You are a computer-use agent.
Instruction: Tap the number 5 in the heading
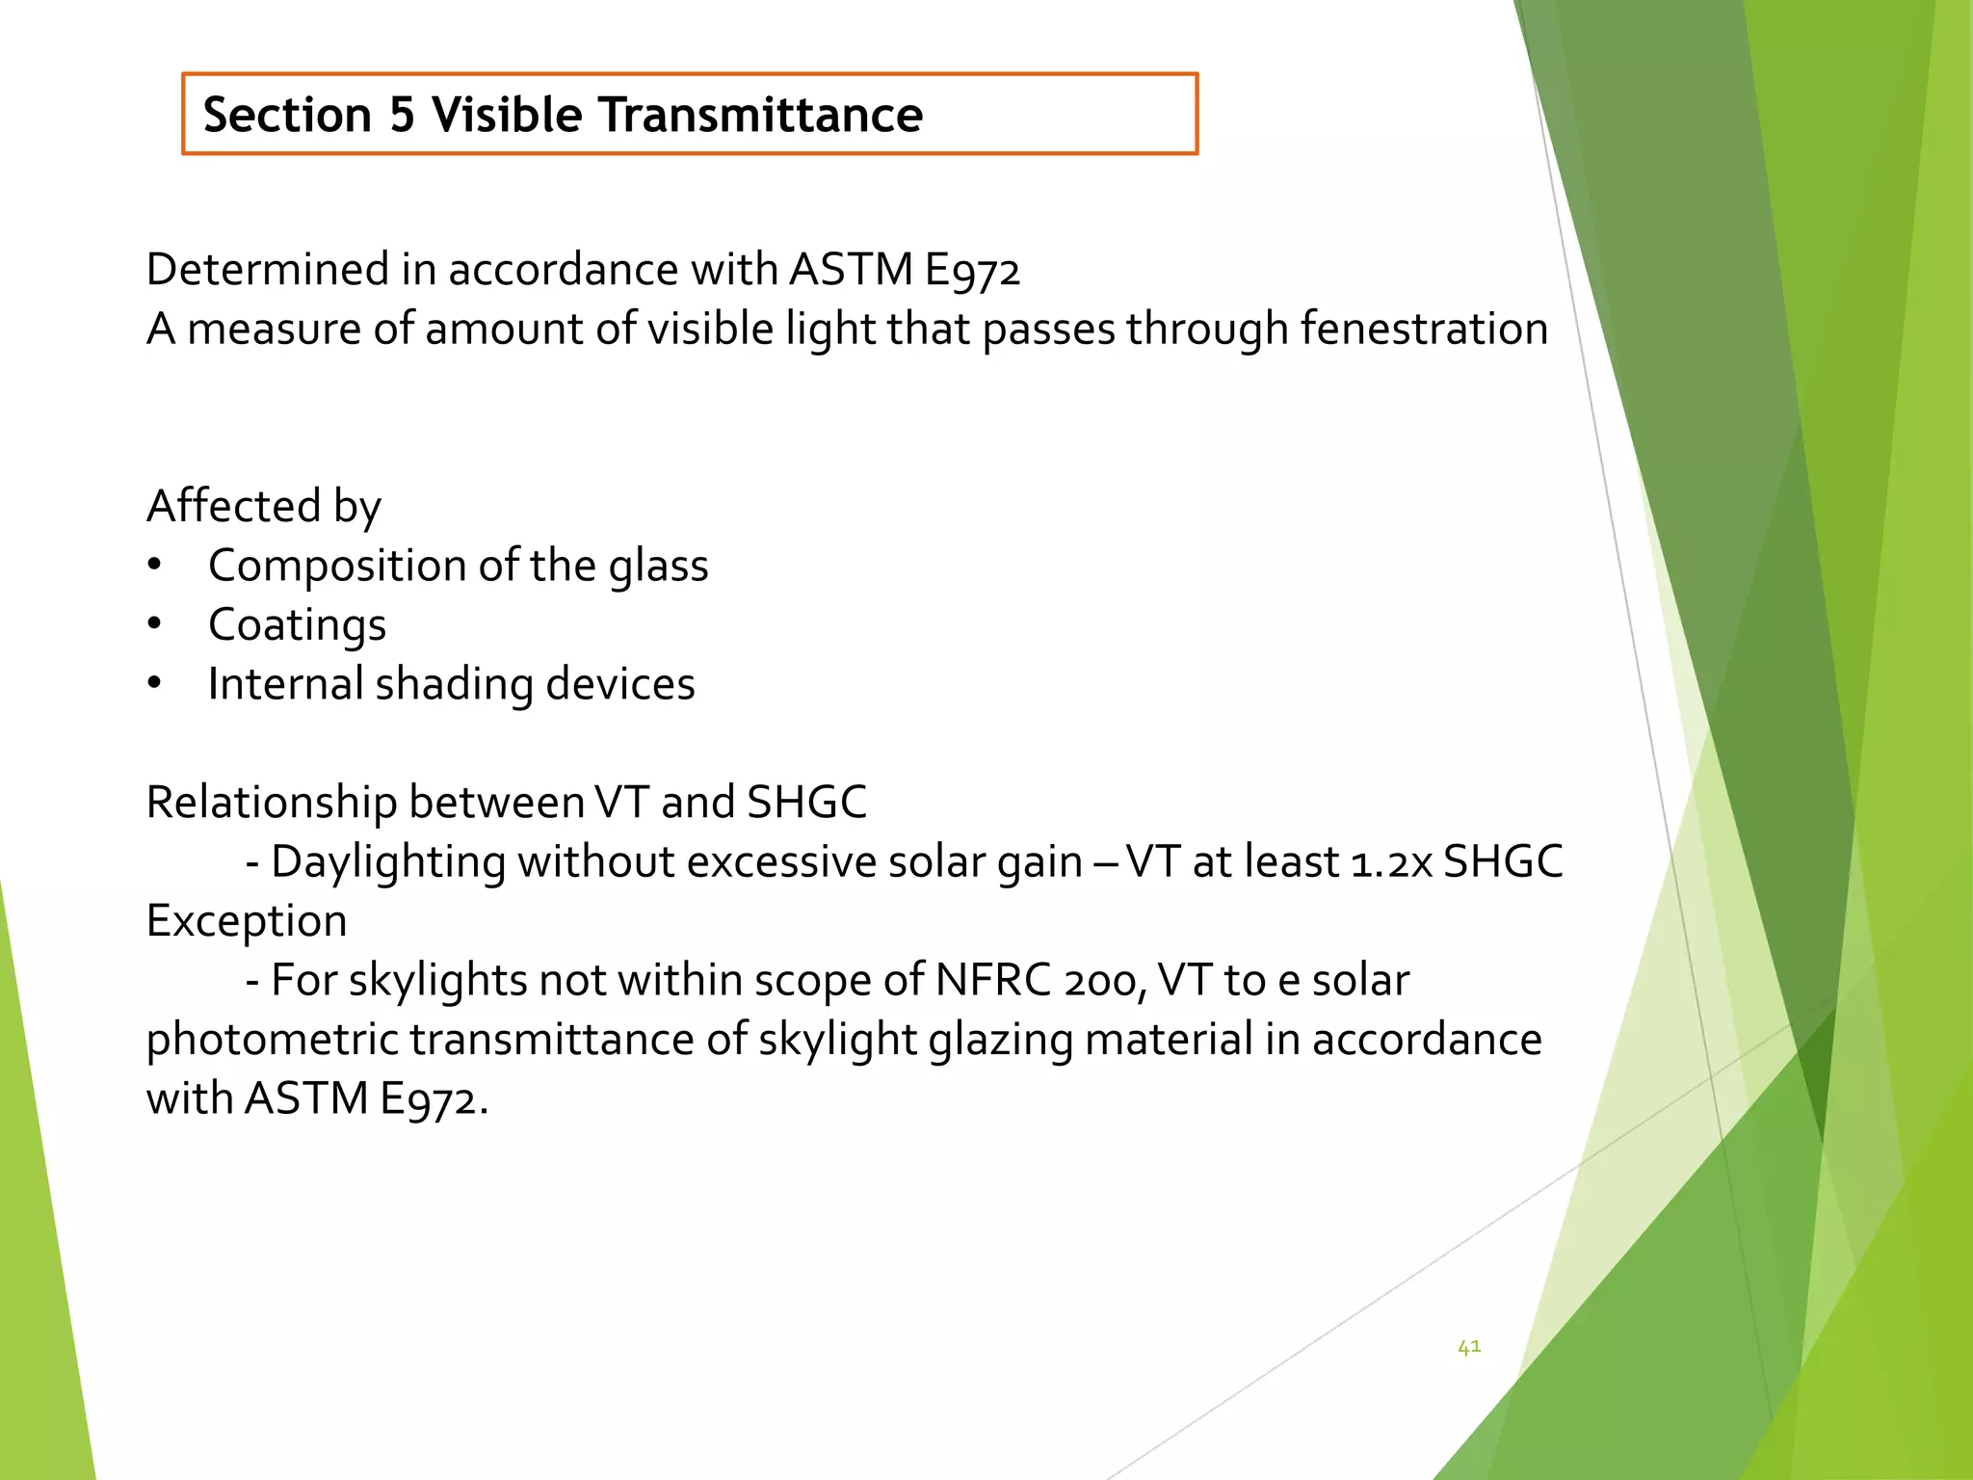[402, 115]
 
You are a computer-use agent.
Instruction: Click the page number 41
[1469, 1347]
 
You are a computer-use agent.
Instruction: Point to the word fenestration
[1424, 329]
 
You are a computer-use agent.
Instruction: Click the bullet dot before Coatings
[154, 624]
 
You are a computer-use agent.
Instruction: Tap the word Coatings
[297, 624]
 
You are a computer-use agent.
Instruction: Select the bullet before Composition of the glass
[154, 565]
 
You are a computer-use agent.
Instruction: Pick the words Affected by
[263, 506]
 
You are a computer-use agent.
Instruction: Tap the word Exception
[247, 921]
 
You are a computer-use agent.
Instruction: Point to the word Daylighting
[388, 861]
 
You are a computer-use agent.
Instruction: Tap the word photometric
[272, 1040]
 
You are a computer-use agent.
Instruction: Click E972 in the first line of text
[971, 271]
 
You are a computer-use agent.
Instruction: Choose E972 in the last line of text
[429, 1099]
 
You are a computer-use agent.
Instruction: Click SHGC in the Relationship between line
[806, 803]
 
